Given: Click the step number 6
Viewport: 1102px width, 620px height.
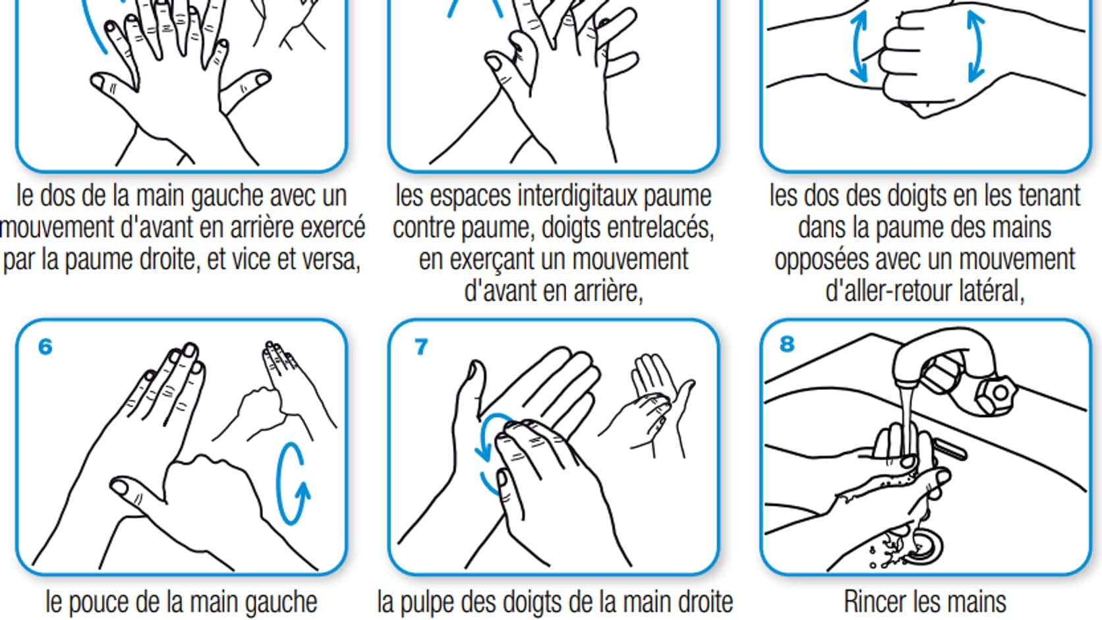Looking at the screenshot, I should [x=45, y=347].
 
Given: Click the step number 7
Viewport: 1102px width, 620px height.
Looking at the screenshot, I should [x=421, y=347].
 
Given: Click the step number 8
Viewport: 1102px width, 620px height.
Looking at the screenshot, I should [x=787, y=344].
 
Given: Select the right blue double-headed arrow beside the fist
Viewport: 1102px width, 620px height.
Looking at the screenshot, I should [x=975, y=47].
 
